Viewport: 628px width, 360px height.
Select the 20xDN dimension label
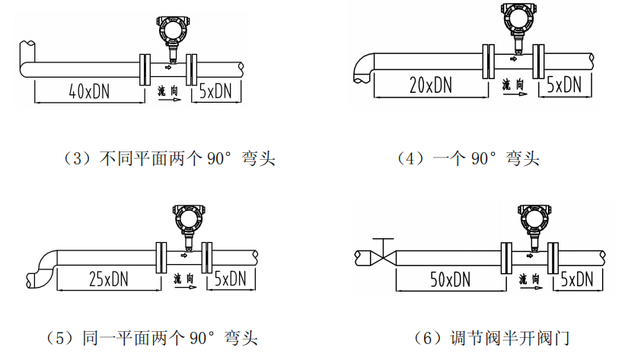click(x=430, y=85)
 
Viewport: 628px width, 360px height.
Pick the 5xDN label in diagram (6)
click(x=576, y=279)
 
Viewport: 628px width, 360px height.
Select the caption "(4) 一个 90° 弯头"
click(x=467, y=159)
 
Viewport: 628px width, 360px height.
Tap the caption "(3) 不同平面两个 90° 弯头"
click(x=168, y=159)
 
